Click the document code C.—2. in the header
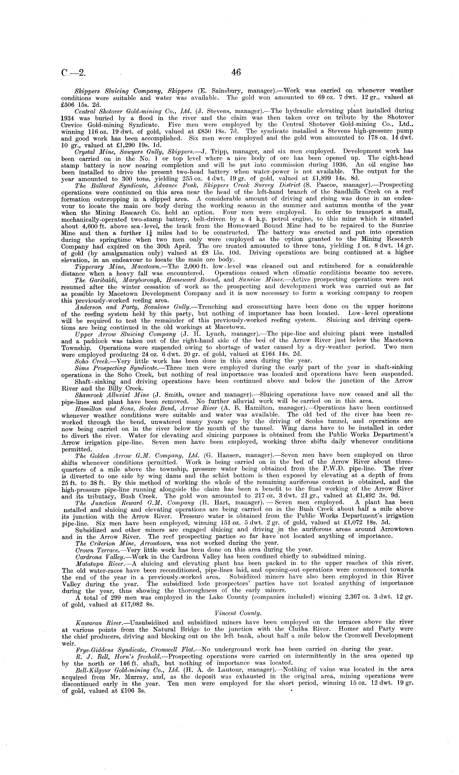click(73, 73)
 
